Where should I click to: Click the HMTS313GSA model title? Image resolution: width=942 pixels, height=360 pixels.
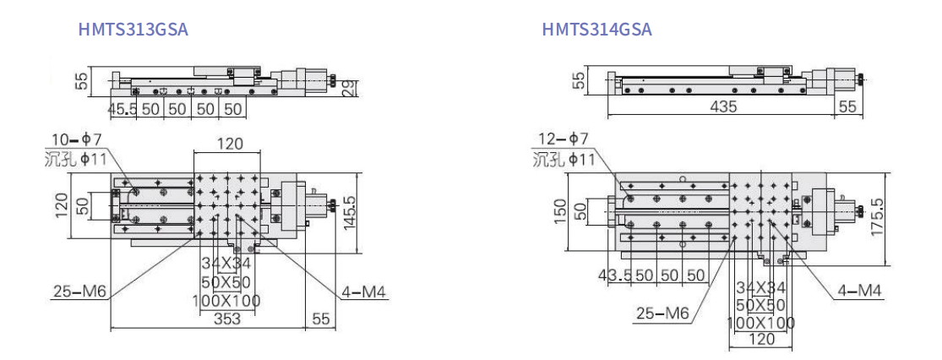point(133,28)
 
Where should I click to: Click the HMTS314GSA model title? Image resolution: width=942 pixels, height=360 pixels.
point(596,28)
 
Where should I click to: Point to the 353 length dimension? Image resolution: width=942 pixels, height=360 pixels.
point(227,319)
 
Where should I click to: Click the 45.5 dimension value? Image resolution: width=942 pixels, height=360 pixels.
point(121,109)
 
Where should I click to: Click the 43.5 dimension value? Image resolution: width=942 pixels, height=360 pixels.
point(613,275)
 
